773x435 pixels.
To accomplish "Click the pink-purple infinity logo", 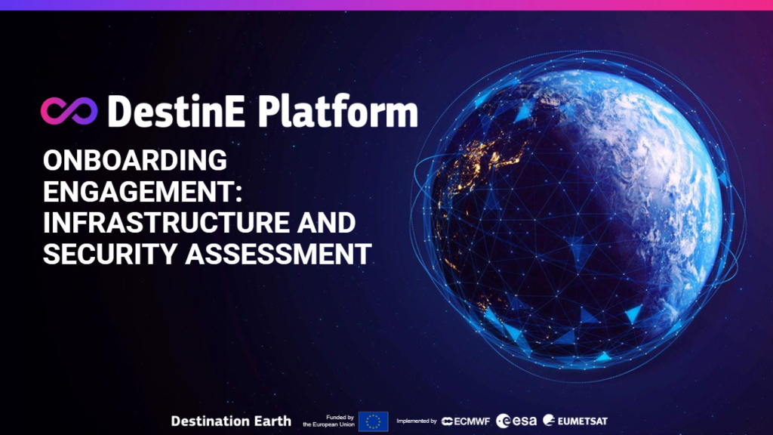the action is [x=69, y=110].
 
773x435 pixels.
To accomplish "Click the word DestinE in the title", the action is [x=176, y=112].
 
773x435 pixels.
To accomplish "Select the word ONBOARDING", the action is [x=135, y=160].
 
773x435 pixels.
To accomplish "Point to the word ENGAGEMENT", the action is [x=139, y=191].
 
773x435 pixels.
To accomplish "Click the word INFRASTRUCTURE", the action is [x=166, y=223].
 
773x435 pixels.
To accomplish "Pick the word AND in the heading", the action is [x=326, y=223].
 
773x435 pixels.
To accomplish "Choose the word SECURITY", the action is [x=110, y=254].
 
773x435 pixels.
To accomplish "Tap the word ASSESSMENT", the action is [x=279, y=254].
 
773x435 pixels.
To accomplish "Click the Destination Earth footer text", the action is [x=231, y=421].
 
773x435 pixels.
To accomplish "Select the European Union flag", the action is [x=373, y=421].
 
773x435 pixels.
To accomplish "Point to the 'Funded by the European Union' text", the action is [x=328, y=421].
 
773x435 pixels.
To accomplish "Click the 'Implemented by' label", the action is [x=417, y=421].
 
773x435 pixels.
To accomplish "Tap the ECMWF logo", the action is [x=466, y=421].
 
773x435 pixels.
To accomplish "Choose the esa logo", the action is [x=516, y=421].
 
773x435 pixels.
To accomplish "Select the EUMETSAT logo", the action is [x=574, y=421].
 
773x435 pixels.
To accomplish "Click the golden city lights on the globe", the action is [x=488, y=157].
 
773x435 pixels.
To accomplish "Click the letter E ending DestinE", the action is [x=234, y=112].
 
